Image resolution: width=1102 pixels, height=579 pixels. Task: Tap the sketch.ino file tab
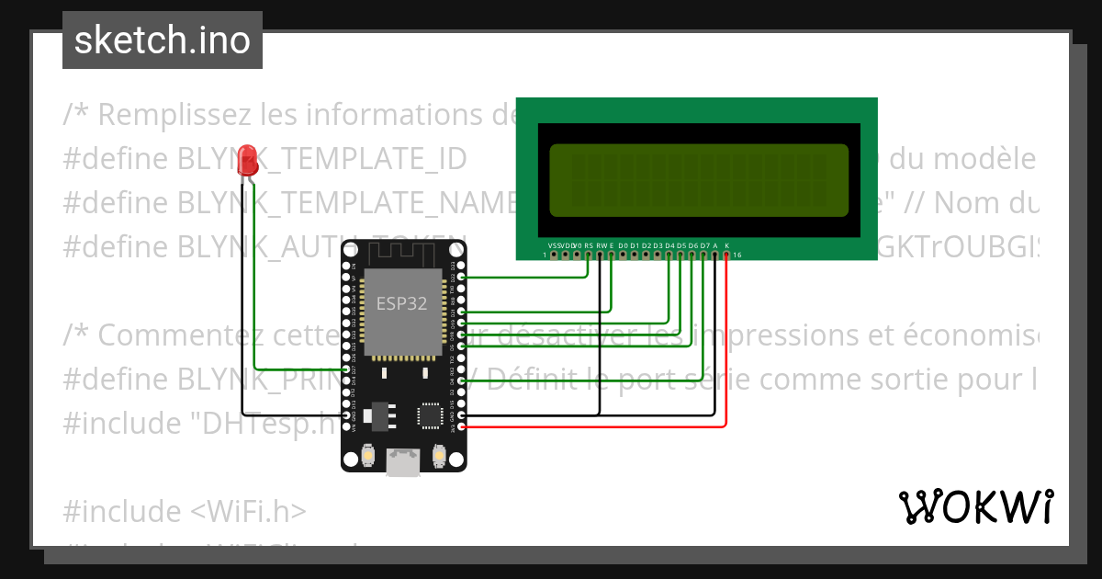click(163, 40)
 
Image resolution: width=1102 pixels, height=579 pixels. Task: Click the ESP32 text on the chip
click(401, 303)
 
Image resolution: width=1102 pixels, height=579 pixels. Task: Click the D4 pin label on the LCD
click(669, 246)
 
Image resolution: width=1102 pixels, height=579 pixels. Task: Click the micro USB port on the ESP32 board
click(401, 462)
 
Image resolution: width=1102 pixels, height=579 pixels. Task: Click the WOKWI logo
click(975, 506)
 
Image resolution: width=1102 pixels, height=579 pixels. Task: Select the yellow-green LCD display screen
click(699, 176)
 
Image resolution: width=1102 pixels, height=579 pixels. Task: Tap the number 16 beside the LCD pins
click(737, 255)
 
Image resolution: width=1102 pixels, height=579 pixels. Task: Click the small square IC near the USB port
click(431, 416)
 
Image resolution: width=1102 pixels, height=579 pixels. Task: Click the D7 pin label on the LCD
click(704, 246)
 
